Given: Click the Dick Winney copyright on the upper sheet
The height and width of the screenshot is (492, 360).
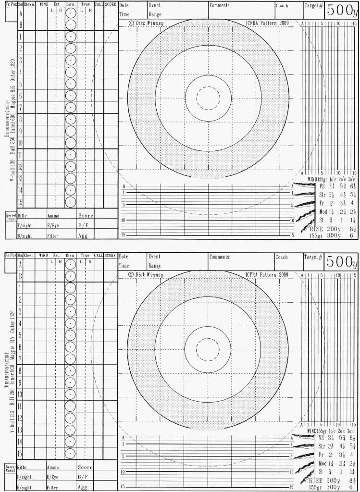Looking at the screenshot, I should click(146, 23).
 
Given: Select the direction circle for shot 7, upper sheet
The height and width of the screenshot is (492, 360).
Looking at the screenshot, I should click(71, 107).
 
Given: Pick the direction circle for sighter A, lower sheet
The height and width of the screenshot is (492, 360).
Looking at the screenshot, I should click(71, 264).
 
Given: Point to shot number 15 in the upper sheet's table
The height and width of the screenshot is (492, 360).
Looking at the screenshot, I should click(20, 202).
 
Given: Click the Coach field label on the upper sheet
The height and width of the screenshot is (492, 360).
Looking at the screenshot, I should click(282, 6).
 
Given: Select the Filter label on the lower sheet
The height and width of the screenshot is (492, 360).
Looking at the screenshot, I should click(53, 487).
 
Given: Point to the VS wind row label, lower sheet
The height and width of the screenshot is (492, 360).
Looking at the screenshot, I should click(322, 438).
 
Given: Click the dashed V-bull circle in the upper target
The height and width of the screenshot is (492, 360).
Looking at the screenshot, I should click(209, 98).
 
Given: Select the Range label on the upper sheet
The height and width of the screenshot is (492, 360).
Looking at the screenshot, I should click(155, 14).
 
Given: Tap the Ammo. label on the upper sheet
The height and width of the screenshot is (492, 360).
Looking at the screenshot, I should click(53, 216).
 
